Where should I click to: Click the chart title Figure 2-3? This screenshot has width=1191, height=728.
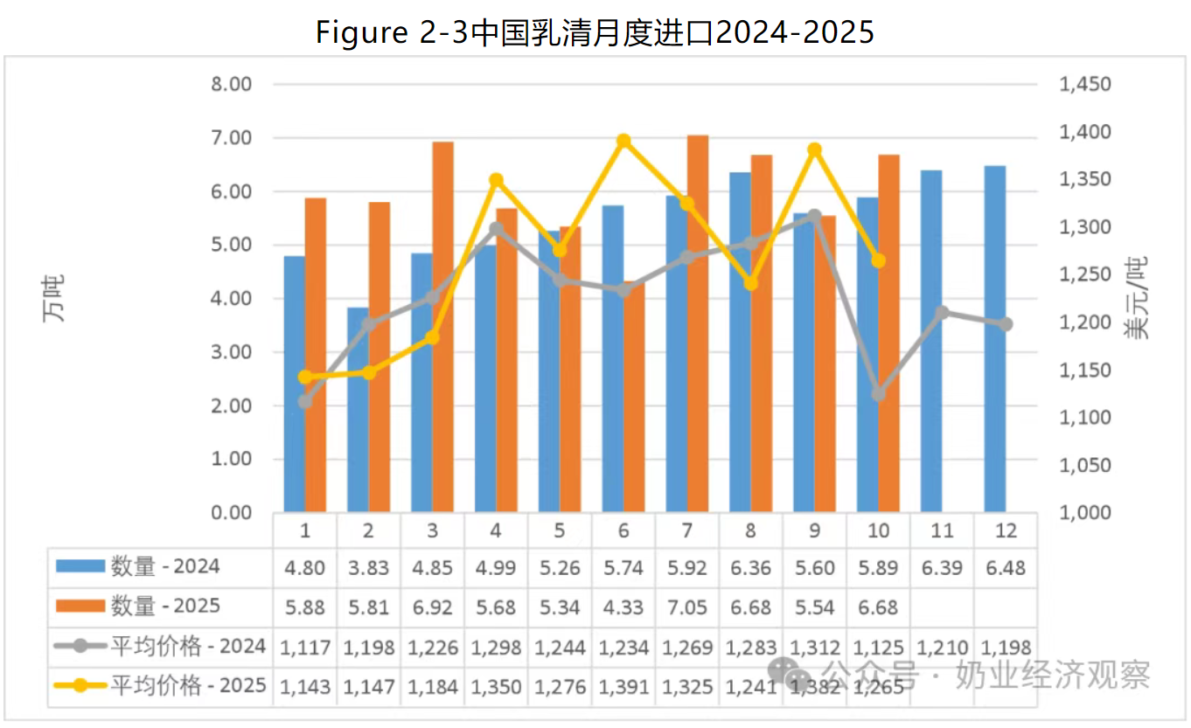coord(595,32)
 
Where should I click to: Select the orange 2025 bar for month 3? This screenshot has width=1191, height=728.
coord(443,326)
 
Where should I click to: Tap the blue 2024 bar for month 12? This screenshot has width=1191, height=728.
coord(994,339)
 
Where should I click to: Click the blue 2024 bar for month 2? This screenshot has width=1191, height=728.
coord(358,409)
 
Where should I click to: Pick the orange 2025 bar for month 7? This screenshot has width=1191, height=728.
coord(697,323)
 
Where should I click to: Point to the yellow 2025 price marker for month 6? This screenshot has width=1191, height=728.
coord(623,141)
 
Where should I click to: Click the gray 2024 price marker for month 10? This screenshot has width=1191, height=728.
coord(879,394)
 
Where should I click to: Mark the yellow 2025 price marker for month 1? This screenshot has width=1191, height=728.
coord(305,377)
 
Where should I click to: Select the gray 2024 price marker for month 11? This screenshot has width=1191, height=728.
coord(942,313)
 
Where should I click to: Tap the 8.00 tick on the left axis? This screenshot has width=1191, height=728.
coord(231,85)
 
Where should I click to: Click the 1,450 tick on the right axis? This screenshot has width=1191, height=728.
coord(1084,85)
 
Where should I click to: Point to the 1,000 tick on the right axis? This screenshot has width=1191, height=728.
coord(1084,512)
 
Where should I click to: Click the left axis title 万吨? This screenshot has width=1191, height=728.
coord(54,298)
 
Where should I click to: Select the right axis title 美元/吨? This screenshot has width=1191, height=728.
coord(1136,298)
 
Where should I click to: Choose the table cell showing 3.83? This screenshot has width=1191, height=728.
coord(368,568)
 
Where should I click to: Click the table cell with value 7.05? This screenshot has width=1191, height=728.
coord(687,607)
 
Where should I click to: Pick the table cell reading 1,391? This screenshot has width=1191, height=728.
coord(623,687)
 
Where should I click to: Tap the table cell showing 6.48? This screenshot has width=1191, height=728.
coord(1006,568)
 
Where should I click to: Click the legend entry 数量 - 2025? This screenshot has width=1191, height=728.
coord(165,607)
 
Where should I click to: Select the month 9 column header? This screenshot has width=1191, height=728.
coord(815,530)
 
